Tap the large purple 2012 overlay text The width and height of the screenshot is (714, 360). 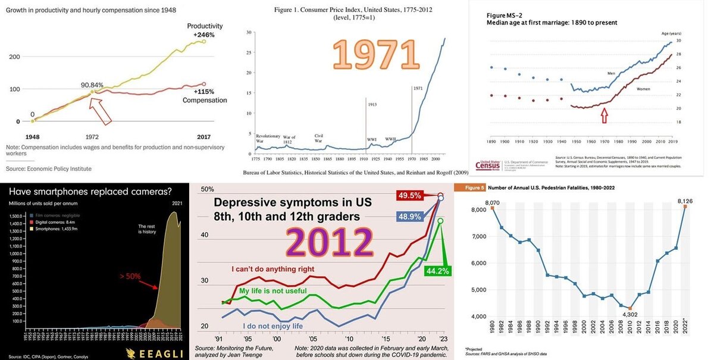click(x=329, y=243)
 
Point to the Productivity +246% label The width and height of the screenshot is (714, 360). click(x=204, y=30)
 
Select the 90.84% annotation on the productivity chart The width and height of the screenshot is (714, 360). click(x=96, y=84)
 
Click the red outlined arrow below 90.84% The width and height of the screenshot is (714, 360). click(x=101, y=108)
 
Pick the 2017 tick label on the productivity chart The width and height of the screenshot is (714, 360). click(x=203, y=136)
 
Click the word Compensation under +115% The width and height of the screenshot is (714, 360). click(x=204, y=100)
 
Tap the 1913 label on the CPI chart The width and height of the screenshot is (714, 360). click(x=372, y=104)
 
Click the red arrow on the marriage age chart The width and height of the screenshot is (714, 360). click(x=605, y=114)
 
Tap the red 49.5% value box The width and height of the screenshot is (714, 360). click(x=411, y=195)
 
